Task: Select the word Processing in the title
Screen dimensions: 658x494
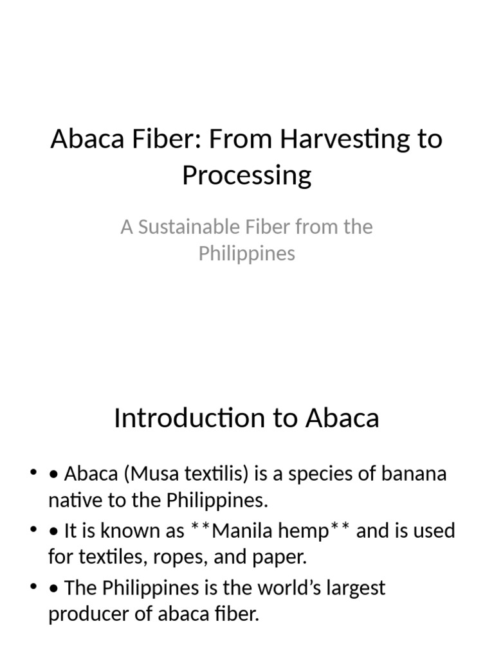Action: pyautogui.click(x=247, y=174)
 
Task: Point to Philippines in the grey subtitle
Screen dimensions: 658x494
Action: pyautogui.click(x=247, y=253)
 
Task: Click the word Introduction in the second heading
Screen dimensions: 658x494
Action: pyautogui.click(x=182, y=418)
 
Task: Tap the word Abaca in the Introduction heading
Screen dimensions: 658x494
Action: pyautogui.click(x=342, y=418)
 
